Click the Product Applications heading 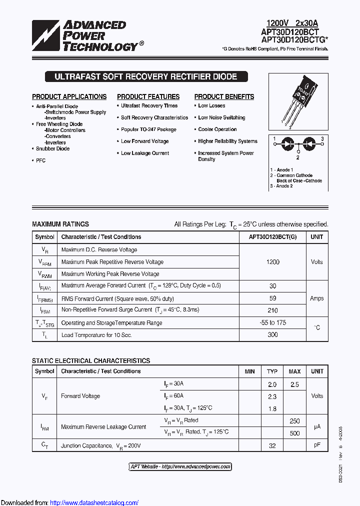[x=69, y=96]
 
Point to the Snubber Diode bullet [x=52, y=148]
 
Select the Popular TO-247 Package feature [x=148, y=129]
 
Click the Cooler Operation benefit [x=217, y=129]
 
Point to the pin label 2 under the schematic [x=297, y=157]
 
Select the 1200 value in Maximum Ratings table [x=272, y=262]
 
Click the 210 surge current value [x=272, y=310]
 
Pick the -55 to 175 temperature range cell [x=272, y=322]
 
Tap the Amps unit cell [x=316, y=298]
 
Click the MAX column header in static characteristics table [x=294, y=371]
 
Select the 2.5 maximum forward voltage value [x=294, y=384]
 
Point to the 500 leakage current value [x=294, y=433]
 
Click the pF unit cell [x=316, y=445]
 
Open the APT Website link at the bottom [x=180, y=466]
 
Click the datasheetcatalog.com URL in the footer [x=94, y=502]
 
